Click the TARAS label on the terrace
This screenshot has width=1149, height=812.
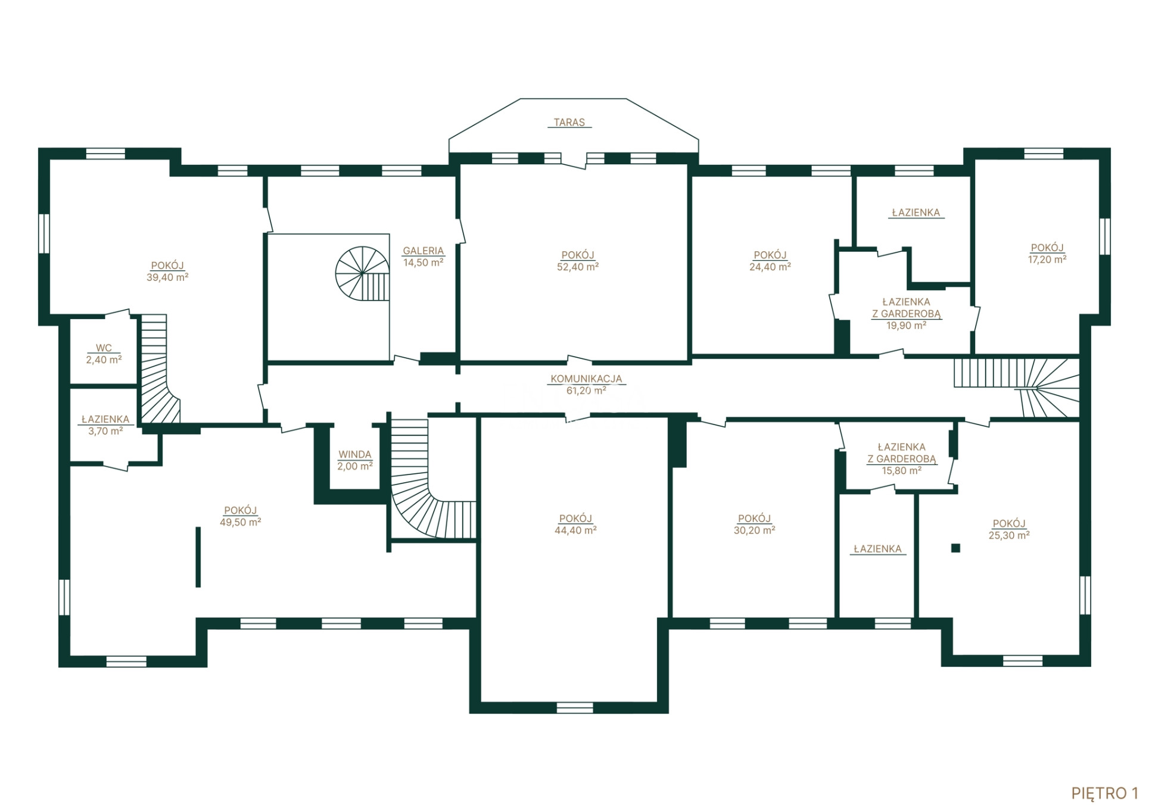tap(569, 122)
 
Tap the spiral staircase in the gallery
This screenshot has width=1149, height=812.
tap(363, 273)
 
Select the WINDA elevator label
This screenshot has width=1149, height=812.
tap(355, 454)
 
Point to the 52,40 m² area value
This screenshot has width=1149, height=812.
tap(578, 267)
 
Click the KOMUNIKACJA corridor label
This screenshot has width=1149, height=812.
tap(586, 379)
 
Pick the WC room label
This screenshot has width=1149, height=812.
tap(104, 348)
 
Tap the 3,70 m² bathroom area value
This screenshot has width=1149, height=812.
tap(105, 431)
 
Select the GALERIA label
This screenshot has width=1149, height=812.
tap(424, 251)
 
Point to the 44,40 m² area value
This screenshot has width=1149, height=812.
tap(575, 530)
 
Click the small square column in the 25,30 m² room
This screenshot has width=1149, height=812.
tap(955, 548)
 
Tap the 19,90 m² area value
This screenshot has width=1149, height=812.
tap(907, 326)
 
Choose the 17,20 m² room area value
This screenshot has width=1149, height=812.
tap(1047, 260)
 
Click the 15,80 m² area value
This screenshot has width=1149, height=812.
tap(902, 471)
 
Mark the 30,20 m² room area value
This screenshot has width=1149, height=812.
tap(754, 530)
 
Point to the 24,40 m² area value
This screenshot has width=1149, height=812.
tap(770, 267)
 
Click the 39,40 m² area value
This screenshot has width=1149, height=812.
tap(167, 277)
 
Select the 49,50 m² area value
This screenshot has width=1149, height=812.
tap(241, 522)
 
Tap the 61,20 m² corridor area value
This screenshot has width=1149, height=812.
tap(586, 391)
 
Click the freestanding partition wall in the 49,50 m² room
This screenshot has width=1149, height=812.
tap(198, 557)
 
